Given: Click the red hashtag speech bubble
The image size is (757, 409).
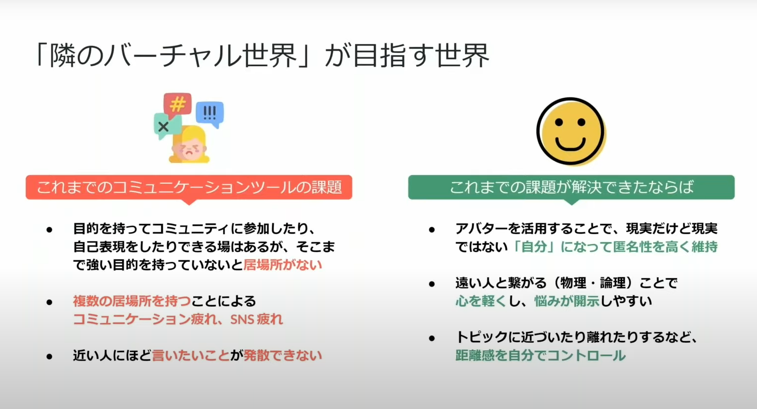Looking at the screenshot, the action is pos(177,105).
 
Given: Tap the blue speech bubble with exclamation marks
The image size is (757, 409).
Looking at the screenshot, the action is pos(210,113).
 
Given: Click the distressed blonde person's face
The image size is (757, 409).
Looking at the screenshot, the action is pos(189,149).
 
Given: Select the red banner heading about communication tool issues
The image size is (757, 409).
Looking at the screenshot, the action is pos(189,187).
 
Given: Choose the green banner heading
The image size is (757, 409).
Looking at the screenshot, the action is pos(571,187).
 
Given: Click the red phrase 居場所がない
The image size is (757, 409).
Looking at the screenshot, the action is pos(282,265).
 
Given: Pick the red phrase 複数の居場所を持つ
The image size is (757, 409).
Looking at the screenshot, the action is pos(132,301).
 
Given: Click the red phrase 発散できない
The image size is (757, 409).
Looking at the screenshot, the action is pos(282,356).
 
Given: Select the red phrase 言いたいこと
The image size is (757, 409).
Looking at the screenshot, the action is pos(191,356).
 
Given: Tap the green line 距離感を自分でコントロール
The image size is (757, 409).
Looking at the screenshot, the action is pos(540,356).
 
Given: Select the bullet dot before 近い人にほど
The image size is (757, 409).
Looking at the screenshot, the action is pos(50,356).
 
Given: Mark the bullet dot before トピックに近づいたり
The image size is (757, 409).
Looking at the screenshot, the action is pos(432,338).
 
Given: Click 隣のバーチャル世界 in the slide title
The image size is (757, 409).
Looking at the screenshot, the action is pos(173,55).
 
